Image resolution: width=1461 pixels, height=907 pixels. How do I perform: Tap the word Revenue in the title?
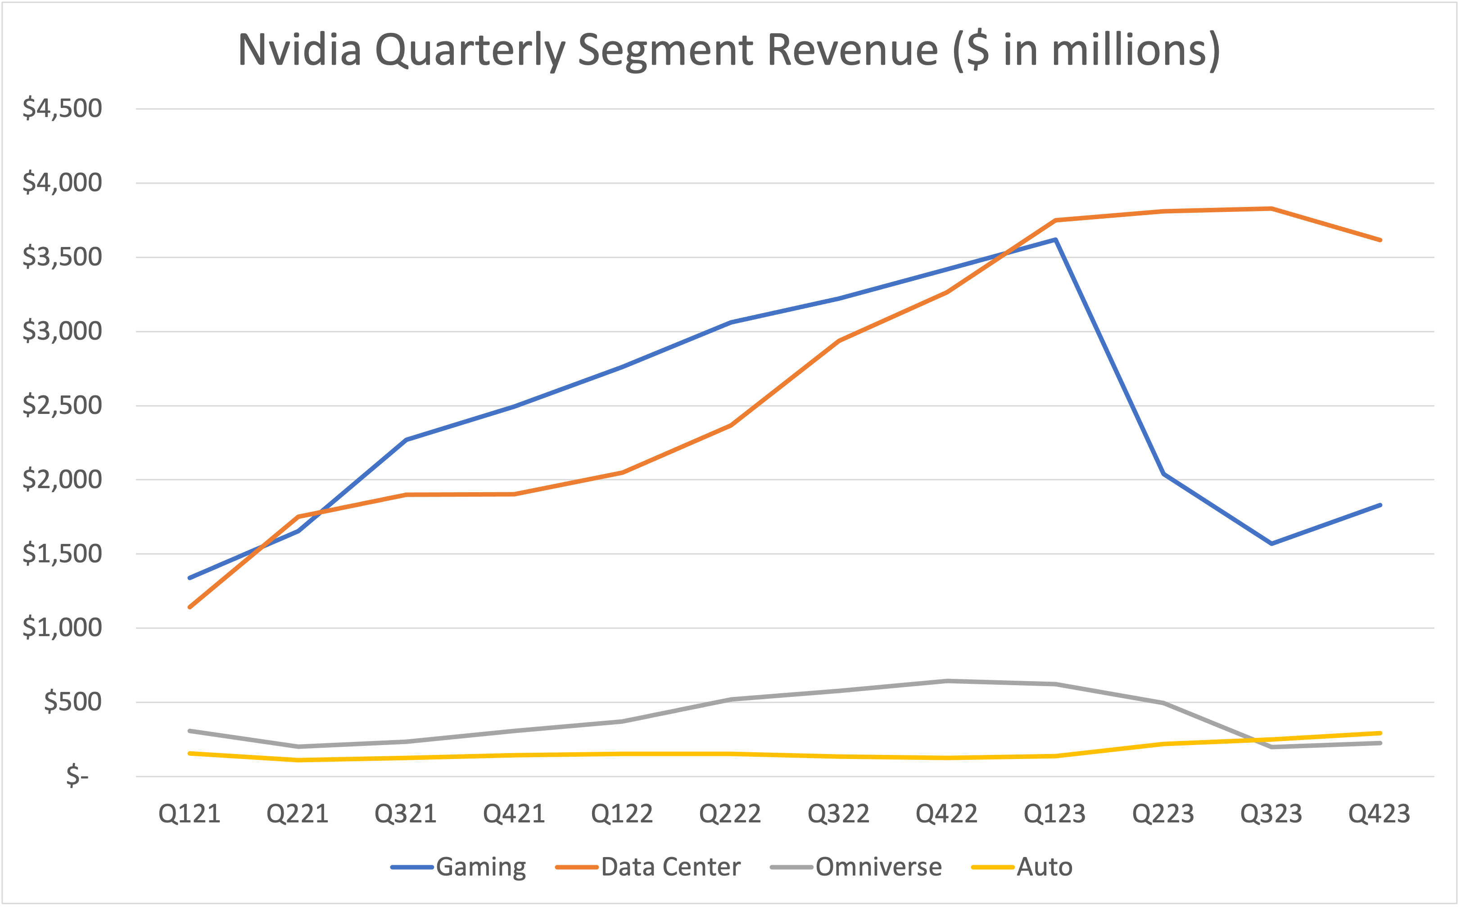(852, 50)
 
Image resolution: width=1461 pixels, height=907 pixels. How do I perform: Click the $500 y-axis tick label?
(72, 702)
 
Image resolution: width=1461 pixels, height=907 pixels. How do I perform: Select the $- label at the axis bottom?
(77, 776)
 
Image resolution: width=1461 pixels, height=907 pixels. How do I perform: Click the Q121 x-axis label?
(190, 814)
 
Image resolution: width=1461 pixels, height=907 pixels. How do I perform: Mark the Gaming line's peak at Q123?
(1055, 240)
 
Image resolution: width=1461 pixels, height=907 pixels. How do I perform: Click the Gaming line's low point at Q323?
(1271, 543)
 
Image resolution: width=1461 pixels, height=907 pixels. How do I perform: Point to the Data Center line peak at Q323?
(1271, 209)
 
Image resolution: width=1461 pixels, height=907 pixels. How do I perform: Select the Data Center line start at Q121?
(190, 607)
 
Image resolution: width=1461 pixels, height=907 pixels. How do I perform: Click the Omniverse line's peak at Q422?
(946, 681)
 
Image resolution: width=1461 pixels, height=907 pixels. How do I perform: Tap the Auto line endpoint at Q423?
(1380, 733)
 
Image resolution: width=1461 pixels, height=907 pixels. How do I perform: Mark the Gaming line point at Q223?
(1163, 474)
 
